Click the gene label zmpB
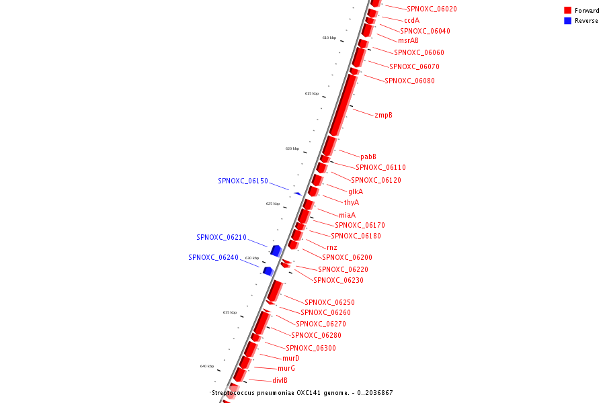point(383,116)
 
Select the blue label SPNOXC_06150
point(243,181)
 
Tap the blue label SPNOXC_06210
point(221,238)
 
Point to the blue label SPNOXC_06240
point(213,257)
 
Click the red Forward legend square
point(567,11)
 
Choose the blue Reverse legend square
point(567,21)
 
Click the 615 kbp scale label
point(311,94)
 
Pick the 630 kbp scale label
point(251,258)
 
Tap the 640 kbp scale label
point(206,366)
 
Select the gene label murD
point(290,359)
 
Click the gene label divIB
point(280,380)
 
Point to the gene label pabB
point(368,157)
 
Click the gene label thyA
point(351,203)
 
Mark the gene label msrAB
point(407,41)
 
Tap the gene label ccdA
point(411,21)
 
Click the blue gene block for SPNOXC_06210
point(275,251)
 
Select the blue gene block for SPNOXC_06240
point(268,271)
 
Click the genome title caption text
point(302,393)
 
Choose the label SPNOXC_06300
point(311,348)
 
